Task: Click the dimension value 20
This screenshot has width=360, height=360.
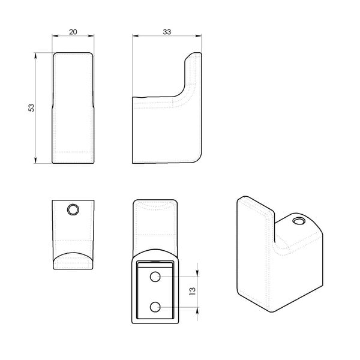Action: click(73, 32)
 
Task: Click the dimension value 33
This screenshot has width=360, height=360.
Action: click(167, 32)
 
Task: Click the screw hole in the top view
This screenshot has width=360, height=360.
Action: click(73, 209)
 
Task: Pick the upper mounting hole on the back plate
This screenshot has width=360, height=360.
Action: click(155, 277)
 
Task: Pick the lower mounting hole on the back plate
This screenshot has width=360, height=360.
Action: click(155, 307)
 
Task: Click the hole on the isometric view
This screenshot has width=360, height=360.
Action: click(298, 221)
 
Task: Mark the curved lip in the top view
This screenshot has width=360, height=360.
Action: click(73, 258)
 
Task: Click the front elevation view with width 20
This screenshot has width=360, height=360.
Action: click(73, 108)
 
